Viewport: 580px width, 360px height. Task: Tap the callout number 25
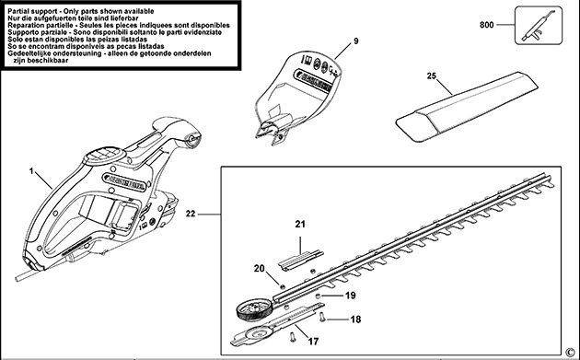431,77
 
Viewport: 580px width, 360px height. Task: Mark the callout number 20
259,268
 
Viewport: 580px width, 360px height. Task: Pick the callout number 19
350,296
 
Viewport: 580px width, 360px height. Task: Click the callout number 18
354,319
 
